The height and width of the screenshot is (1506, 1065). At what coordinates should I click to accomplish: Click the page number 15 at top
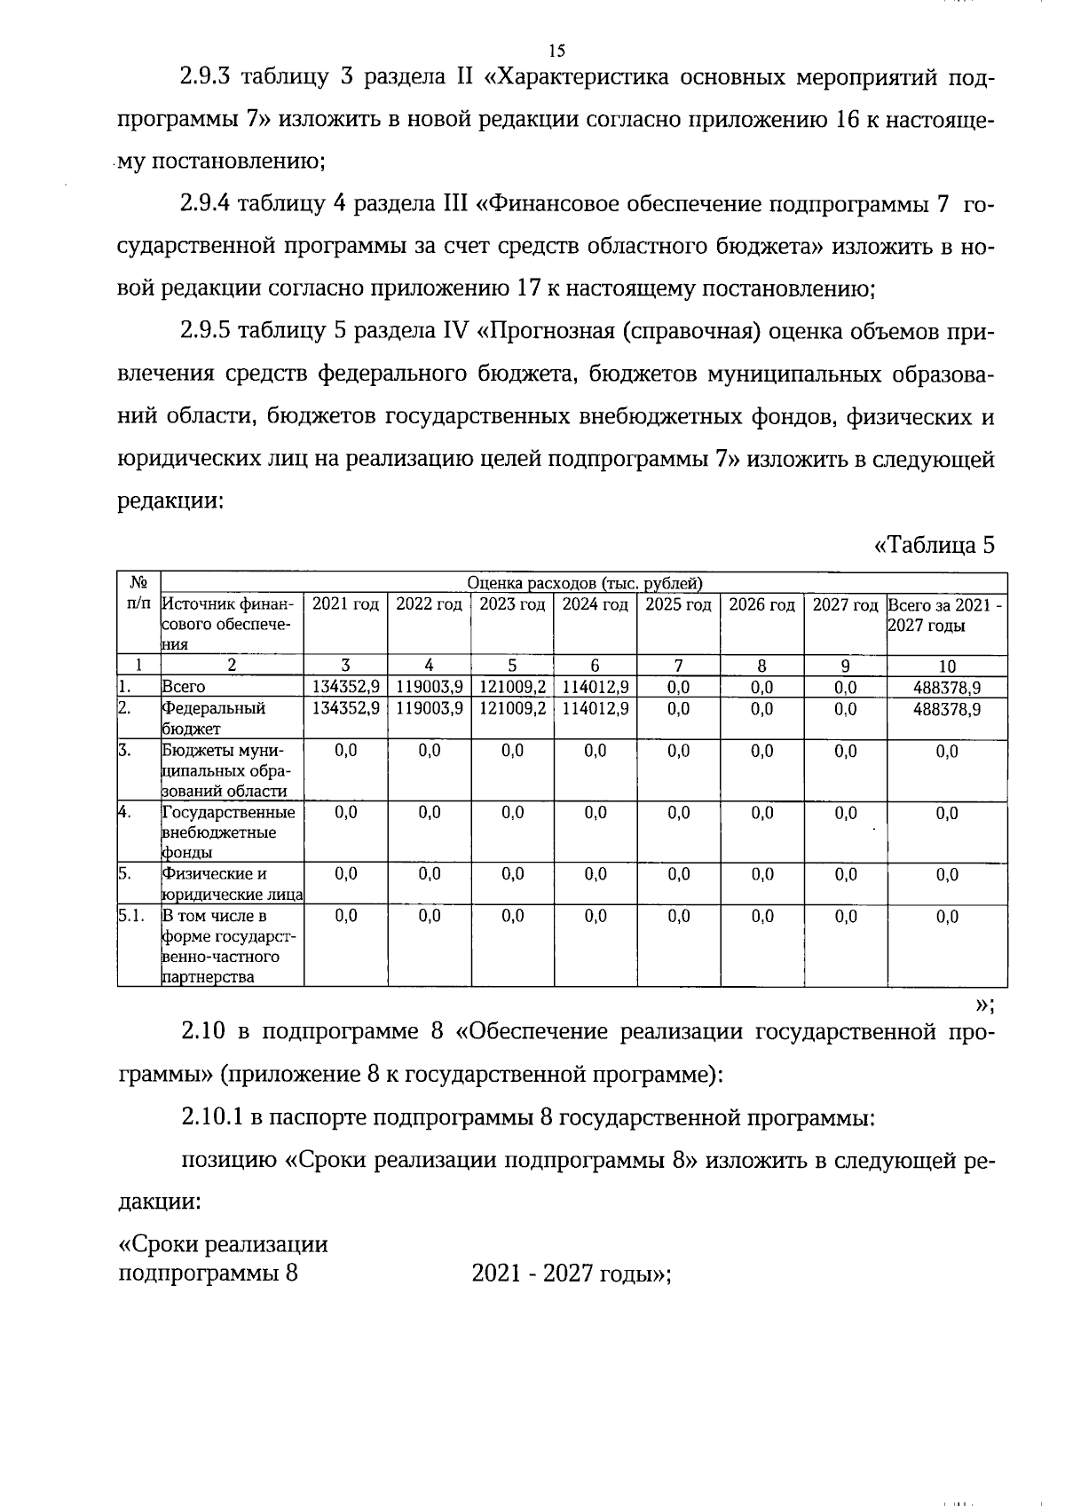(x=556, y=51)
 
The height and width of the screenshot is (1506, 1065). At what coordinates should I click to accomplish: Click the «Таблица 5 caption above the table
(x=935, y=545)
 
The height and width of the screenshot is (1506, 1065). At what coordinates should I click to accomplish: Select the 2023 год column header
(x=512, y=605)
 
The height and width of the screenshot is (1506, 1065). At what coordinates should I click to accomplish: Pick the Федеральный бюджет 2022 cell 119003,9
(x=429, y=709)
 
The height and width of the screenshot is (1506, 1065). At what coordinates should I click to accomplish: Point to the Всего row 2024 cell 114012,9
(x=596, y=687)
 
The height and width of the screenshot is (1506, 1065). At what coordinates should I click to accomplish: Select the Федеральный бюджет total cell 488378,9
(x=947, y=709)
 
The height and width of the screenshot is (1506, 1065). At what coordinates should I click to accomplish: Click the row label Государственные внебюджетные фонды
(x=227, y=832)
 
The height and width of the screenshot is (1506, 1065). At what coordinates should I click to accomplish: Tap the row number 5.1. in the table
(x=131, y=916)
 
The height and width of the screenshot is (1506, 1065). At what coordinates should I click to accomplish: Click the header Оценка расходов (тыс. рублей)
(x=584, y=583)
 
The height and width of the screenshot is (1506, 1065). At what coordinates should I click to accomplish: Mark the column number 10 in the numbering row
(x=947, y=666)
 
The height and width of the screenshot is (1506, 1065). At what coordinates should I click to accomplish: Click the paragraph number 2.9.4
(x=206, y=205)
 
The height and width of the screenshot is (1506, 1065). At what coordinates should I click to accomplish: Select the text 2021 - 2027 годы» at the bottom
(x=571, y=1274)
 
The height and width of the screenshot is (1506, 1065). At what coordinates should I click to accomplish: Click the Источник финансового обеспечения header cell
(x=228, y=625)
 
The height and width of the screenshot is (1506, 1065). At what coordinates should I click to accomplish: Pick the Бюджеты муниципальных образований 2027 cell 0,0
(x=846, y=752)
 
